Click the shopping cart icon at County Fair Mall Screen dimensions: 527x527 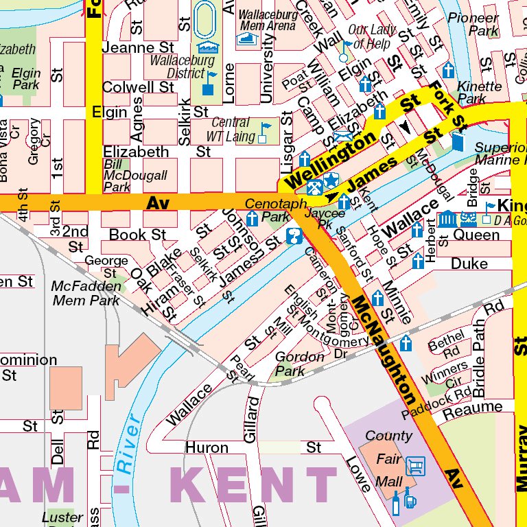click(x=414, y=467)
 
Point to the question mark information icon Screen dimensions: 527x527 click(x=294, y=237)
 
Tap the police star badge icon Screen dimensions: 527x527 click(x=331, y=180)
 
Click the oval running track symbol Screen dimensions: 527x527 click(x=204, y=21)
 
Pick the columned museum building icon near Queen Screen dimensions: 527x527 click(x=447, y=220)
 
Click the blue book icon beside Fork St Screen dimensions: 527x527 click(x=458, y=141)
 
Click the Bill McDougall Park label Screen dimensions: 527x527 click(x=126, y=176)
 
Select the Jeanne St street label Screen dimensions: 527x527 click(x=138, y=48)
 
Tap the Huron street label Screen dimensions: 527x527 click(x=207, y=447)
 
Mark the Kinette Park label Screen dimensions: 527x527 click(x=480, y=93)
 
